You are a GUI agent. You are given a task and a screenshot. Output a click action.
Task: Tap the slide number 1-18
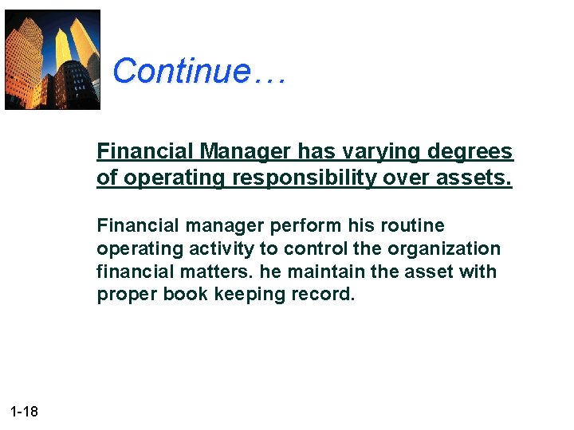[24, 412]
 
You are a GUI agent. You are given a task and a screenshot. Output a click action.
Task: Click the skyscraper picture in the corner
[53, 59]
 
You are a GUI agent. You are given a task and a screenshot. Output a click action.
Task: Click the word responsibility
[305, 178]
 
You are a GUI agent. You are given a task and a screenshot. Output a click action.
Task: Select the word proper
[126, 295]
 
